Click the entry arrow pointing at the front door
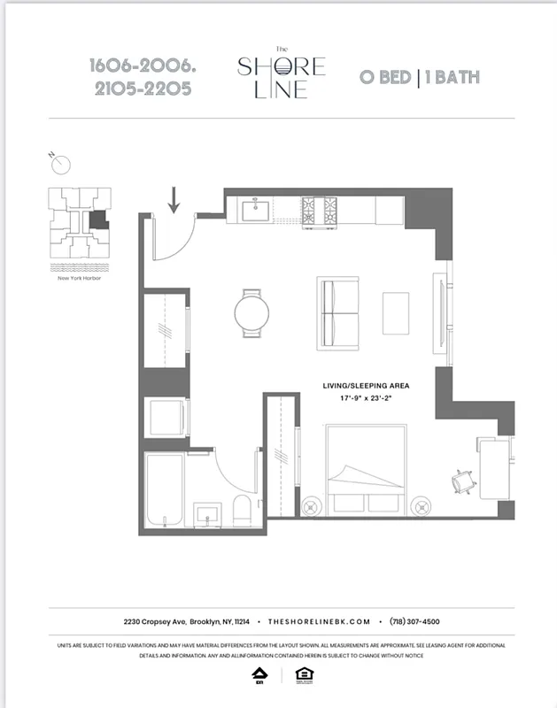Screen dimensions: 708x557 173,199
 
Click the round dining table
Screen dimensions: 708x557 251,313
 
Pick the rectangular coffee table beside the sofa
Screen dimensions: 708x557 396,313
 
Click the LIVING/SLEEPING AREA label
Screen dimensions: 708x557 366,387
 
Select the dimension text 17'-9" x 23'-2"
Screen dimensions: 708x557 366,399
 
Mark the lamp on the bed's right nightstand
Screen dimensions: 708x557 422,507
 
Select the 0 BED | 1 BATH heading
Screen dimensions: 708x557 419,76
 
